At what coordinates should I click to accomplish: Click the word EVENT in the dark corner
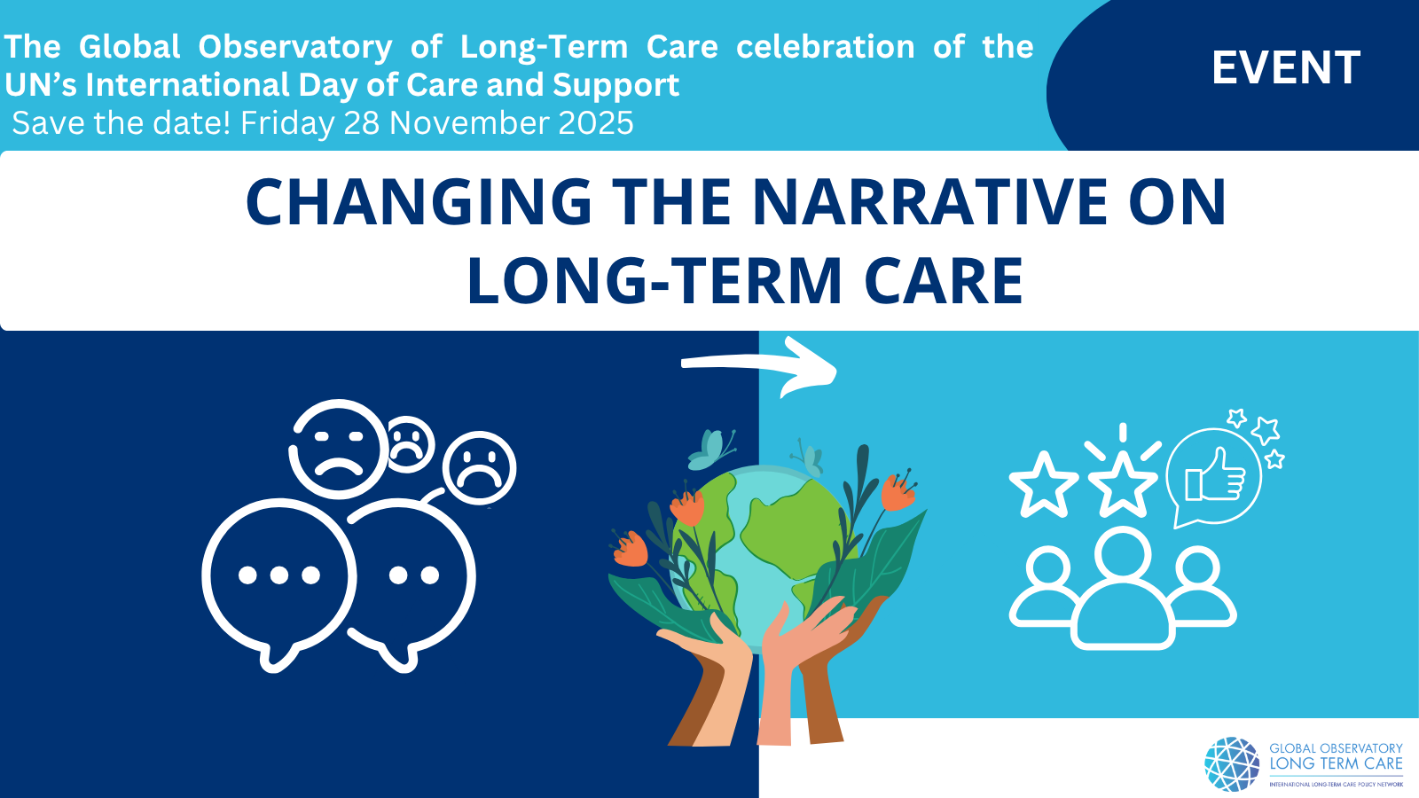pos(1286,67)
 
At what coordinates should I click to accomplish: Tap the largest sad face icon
pos(338,449)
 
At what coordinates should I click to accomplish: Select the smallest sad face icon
pos(409,444)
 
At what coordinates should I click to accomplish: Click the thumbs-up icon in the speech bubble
pos(1213,476)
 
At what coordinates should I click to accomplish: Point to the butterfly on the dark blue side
pos(712,450)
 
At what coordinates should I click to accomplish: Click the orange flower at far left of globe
pos(630,549)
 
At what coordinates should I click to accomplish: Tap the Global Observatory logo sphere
pos(1232,763)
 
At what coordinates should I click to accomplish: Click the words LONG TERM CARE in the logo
pos(1336,763)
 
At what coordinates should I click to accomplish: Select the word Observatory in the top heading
pos(295,48)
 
